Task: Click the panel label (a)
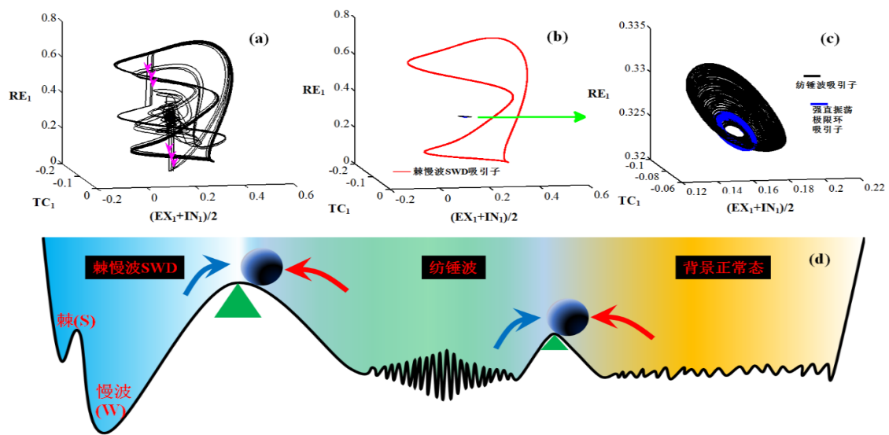[x=260, y=39]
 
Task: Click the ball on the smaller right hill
[x=568, y=318]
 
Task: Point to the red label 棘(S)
[x=74, y=320]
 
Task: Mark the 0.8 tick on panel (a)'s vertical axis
[x=48, y=19]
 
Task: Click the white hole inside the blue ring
[x=736, y=131]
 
